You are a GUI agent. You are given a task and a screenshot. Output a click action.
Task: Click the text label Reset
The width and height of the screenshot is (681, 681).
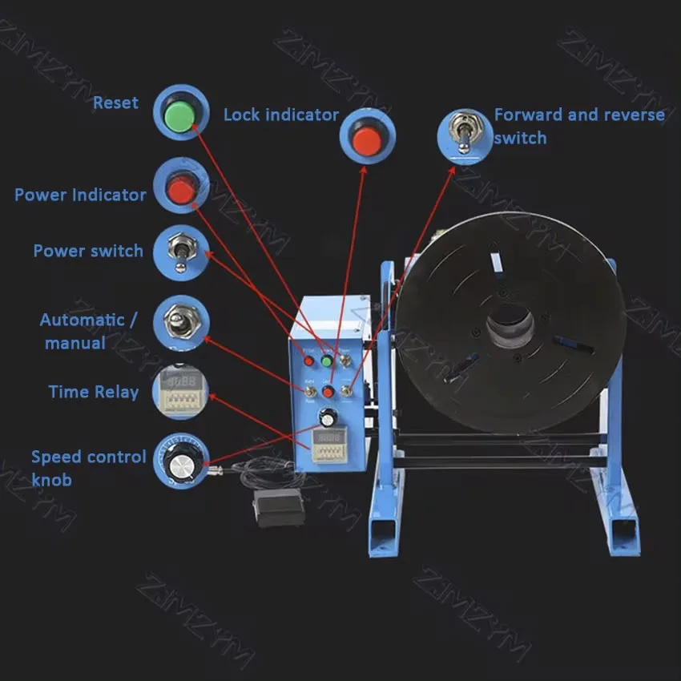[115, 103]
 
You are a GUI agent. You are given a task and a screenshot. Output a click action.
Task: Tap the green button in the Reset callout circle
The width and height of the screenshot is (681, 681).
[179, 115]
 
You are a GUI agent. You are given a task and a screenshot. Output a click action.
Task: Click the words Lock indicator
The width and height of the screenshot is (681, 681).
[280, 115]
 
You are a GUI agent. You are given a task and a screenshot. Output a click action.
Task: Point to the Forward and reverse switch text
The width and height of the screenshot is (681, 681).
[578, 126]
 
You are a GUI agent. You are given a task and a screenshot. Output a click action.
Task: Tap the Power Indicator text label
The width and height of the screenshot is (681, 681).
[80, 195]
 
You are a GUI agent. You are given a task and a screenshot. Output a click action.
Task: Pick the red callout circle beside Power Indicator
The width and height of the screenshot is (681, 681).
[181, 188]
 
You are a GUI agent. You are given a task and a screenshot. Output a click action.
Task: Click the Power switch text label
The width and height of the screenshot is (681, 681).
[88, 251]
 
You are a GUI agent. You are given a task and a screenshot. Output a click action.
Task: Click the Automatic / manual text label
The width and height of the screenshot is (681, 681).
[88, 331]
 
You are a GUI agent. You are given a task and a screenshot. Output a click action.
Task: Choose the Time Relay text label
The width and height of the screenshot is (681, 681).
[93, 392]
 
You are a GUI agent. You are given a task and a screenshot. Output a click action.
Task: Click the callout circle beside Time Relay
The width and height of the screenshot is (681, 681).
[180, 390]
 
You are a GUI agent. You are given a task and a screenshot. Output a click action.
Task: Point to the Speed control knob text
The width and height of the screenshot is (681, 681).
[88, 468]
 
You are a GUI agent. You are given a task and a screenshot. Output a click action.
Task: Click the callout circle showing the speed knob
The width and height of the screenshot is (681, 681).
[182, 460]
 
